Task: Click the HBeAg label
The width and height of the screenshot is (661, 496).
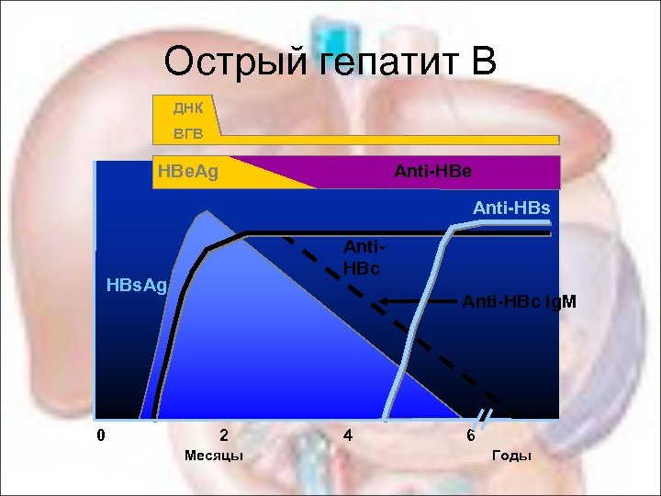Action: coord(187,171)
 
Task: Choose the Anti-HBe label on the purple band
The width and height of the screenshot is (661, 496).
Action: coord(432,171)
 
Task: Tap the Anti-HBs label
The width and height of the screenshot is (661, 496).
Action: coord(511,209)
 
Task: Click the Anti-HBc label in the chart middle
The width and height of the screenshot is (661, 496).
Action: coord(362,258)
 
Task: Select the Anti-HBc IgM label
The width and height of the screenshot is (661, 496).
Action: coord(519,301)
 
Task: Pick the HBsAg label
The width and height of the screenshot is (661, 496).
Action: coord(136,285)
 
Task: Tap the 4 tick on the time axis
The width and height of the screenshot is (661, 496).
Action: coord(347,435)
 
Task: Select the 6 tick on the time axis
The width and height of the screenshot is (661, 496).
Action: coord(470,435)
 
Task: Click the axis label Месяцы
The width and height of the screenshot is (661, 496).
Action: coord(214,456)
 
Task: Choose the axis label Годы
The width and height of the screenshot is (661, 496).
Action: coord(511,456)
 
